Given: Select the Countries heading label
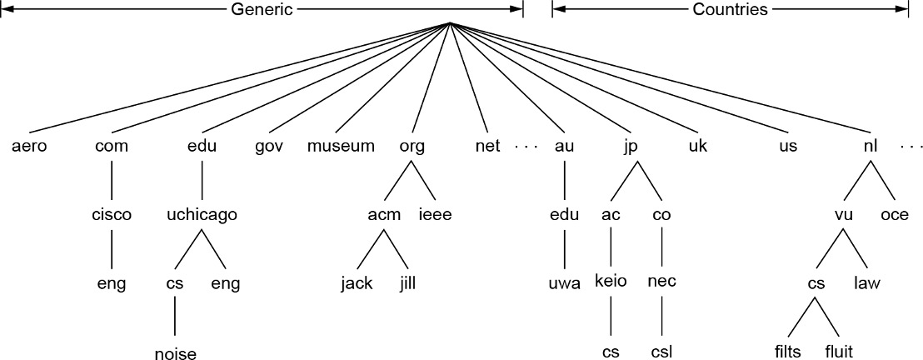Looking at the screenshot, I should coord(730,9).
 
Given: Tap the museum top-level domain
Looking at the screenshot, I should coord(341,147).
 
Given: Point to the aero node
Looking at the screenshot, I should coord(30,147).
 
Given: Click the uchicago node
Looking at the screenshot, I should coord(202,215).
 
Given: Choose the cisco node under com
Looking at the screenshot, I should coord(112,215).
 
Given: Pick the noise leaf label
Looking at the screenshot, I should coord(175,353).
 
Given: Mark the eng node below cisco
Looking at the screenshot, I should coord(112,284).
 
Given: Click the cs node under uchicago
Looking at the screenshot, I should coord(175,284).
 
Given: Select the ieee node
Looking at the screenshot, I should coord(435,215).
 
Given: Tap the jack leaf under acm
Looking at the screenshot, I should coord(357,284).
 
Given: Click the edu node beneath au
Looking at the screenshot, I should coord(564,215).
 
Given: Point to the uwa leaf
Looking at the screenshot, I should coord(564,284).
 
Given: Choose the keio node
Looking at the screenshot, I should coord(611,281).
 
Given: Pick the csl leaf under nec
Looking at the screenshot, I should coord(661,352).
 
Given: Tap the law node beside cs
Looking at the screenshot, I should coord(866,284).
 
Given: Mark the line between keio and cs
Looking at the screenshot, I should coord(611,315).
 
